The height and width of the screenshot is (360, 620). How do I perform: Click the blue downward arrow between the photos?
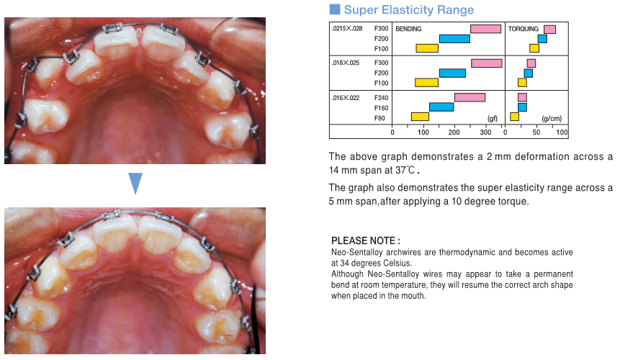pos(135,183)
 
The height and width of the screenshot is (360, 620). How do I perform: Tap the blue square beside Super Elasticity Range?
pos(335,9)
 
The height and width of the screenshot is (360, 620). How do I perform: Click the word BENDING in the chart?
pos(408,29)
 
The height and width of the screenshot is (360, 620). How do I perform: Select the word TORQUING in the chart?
pos(523,29)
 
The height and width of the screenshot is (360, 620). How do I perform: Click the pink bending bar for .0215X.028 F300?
pos(485,29)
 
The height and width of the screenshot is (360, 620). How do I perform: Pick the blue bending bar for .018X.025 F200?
pos(452,73)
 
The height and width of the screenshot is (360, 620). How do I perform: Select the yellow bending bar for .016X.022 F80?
pos(420,117)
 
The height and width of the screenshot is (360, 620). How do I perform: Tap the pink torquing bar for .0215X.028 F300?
pos(549,30)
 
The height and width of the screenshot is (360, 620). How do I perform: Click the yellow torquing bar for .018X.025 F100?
pos(522,83)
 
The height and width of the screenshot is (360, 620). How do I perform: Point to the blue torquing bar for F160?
pos(522,107)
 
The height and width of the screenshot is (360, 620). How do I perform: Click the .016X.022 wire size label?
pos(346,98)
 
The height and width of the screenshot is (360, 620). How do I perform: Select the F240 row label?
pos(381,98)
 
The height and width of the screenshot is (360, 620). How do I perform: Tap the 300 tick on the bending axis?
pos(485,132)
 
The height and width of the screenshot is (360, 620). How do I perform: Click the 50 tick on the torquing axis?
pos(536,132)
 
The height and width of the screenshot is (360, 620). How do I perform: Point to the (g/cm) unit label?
pos(552,119)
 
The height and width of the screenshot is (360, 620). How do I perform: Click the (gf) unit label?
pos(493,119)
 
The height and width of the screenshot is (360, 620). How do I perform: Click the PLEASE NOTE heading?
pos(365,240)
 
